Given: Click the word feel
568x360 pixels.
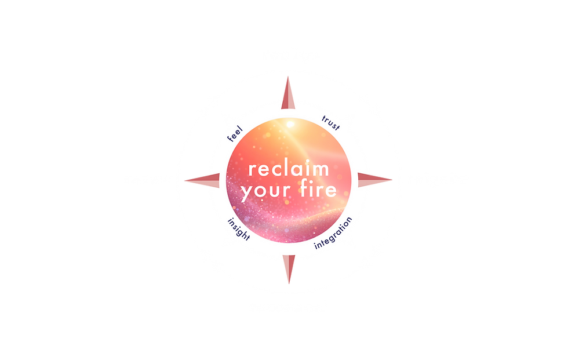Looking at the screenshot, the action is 235,134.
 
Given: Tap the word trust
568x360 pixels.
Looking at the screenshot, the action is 331,123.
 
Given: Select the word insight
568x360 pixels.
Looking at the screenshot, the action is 238,229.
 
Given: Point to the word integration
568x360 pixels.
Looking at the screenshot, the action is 333,233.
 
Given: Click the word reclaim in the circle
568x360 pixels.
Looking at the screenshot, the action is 289,169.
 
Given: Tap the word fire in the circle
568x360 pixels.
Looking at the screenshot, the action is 318,188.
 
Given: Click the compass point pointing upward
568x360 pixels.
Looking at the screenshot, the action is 288,93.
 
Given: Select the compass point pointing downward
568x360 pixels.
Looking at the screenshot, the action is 289,269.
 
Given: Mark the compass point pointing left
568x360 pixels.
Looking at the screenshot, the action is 202,180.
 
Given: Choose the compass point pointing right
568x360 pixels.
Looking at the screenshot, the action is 375,180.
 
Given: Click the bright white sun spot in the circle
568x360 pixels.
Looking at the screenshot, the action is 290,124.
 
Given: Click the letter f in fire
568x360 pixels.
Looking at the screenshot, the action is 304,188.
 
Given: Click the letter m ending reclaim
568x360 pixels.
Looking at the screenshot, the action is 321,170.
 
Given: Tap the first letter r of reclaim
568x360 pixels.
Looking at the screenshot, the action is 252,170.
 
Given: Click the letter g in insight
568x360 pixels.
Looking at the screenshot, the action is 241,232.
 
